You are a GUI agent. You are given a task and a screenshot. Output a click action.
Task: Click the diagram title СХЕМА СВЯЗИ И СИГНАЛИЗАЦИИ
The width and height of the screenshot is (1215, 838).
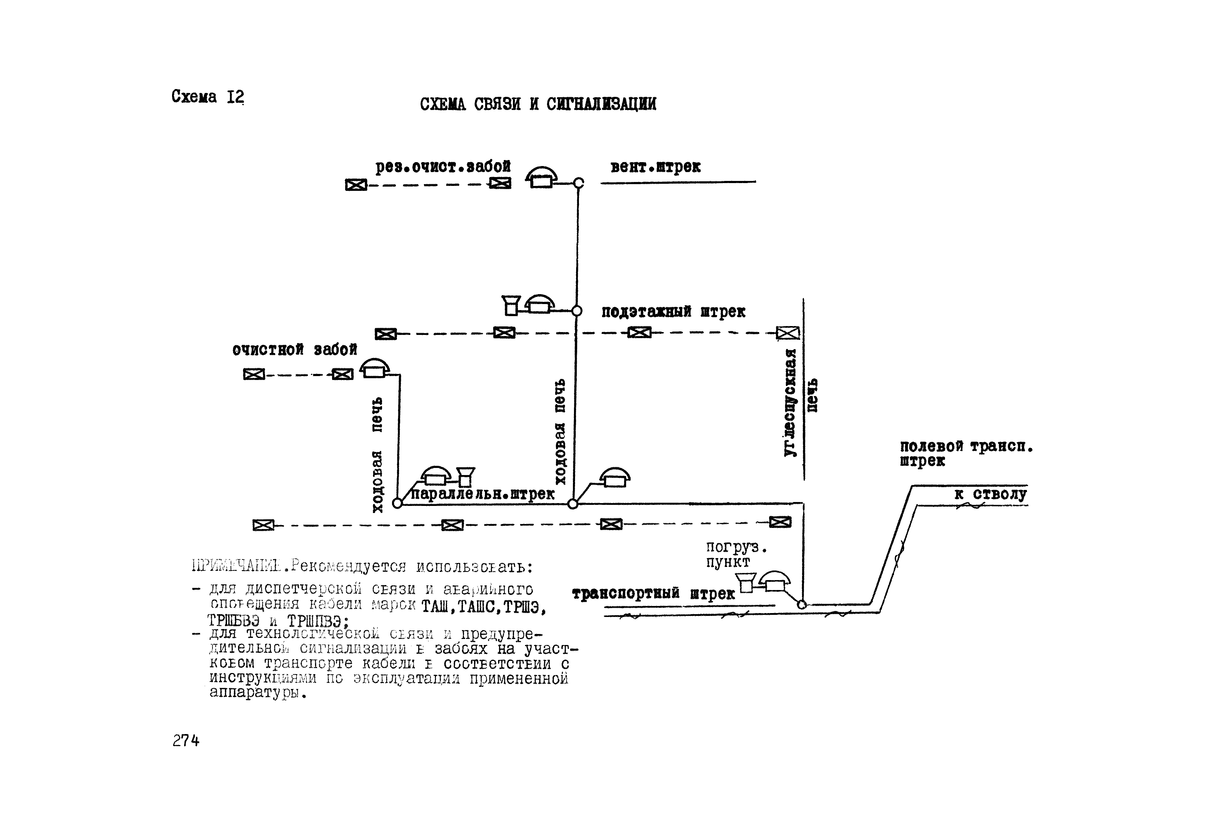click(538, 104)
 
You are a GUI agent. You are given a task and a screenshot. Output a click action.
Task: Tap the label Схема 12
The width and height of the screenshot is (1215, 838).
click(208, 97)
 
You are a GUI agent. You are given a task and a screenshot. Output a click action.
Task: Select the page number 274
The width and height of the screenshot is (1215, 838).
click(186, 740)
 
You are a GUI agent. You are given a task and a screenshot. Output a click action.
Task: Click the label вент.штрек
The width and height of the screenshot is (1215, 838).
click(655, 167)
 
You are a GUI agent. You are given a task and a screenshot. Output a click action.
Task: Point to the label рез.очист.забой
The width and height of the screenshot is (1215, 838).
click(443, 167)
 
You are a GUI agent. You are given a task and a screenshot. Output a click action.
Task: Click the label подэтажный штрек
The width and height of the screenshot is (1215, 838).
click(673, 312)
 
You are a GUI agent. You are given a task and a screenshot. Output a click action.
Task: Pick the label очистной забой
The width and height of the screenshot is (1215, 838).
click(294, 350)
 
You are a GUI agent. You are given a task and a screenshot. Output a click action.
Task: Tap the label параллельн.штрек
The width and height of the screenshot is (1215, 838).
click(482, 495)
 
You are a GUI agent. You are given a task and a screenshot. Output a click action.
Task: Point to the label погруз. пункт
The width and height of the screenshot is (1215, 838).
click(735, 555)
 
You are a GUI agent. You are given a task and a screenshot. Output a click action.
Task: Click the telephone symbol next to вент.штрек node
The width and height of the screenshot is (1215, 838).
click(541, 177)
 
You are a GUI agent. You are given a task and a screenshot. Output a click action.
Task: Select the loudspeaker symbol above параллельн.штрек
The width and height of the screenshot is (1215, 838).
click(465, 476)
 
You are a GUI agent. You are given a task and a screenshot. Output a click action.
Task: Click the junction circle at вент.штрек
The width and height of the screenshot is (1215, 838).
click(578, 183)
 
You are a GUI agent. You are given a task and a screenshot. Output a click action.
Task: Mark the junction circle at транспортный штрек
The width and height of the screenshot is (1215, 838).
click(802, 604)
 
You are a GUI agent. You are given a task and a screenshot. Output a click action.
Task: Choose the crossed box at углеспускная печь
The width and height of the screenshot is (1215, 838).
click(788, 332)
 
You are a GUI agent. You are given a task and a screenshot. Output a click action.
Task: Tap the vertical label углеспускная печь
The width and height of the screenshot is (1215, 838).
click(800, 402)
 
